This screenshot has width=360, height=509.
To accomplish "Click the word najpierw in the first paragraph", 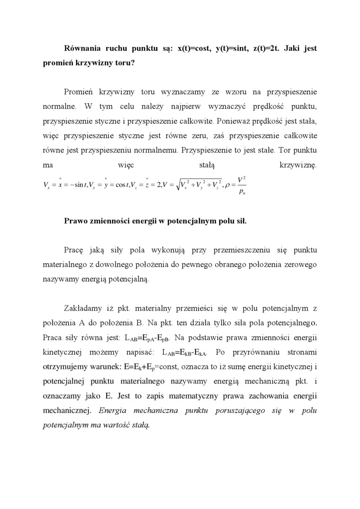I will point(202,106).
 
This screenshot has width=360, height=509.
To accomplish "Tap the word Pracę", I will point(74,250).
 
